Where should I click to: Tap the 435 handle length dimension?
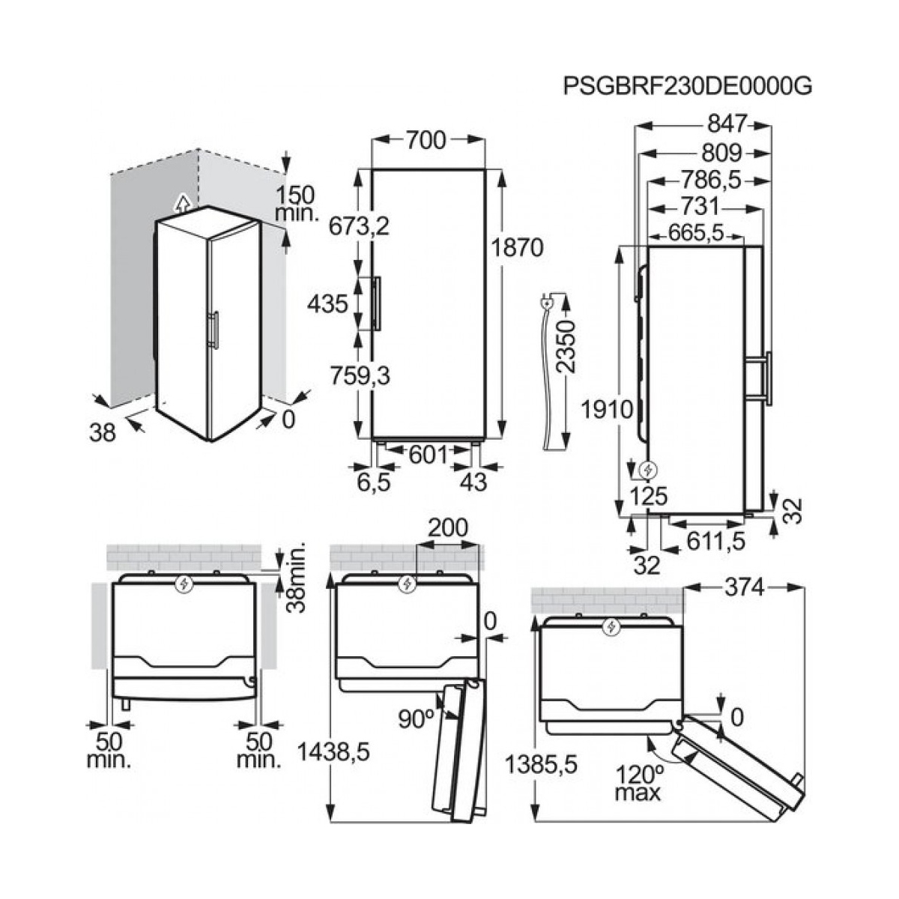click(x=327, y=303)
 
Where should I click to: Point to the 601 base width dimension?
click(x=428, y=454)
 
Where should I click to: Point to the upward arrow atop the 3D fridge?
click(x=180, y=200)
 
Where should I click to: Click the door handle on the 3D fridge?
click(x=214, y=330)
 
